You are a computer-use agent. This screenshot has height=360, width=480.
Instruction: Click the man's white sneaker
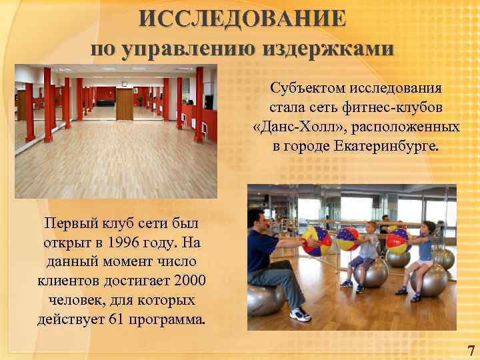click(299, 314)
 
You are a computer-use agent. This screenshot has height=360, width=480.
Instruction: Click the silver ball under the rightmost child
click(429, 281)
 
